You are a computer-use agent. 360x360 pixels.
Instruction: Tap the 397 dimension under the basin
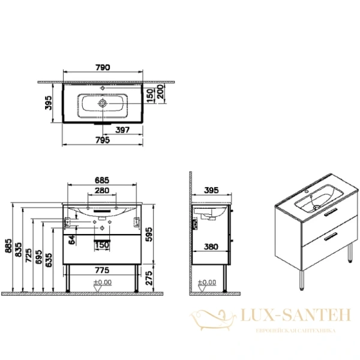click(x=122, y=130)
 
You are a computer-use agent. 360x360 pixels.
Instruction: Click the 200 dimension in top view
click(x=160, y=93)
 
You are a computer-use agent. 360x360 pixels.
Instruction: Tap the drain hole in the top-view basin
click(x=103, y=104)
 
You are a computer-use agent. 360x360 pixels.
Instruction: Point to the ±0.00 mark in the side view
click(x=207, y=282)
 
